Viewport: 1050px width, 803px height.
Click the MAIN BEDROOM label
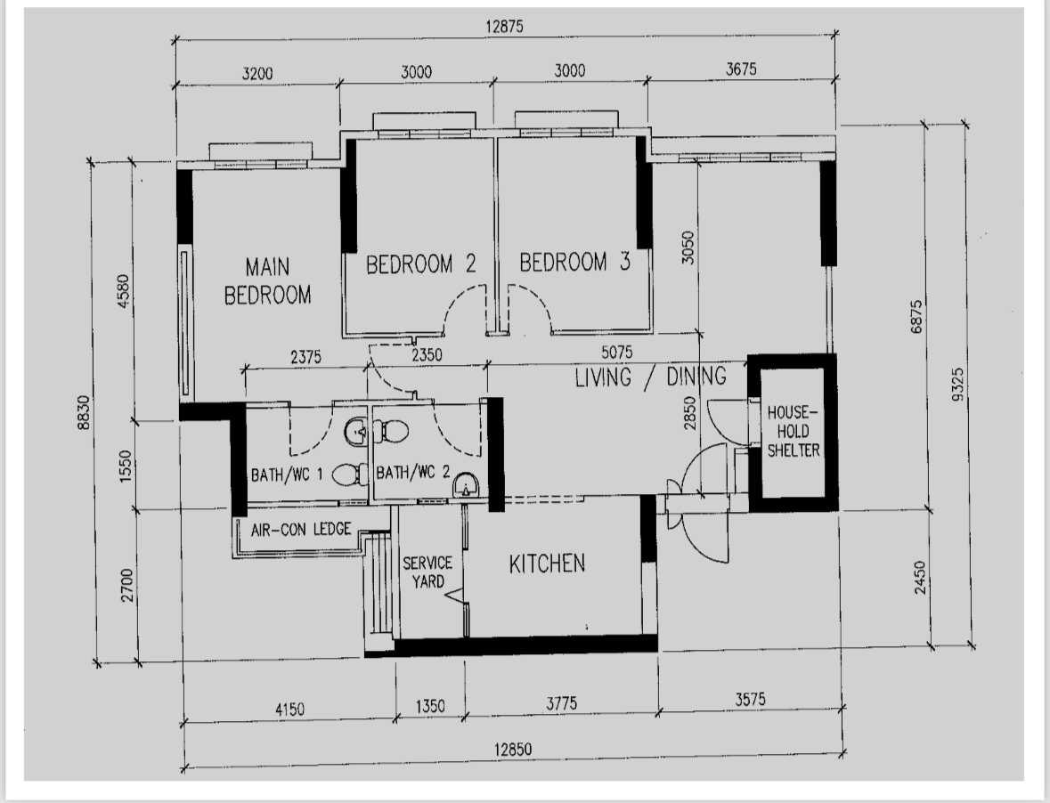267,280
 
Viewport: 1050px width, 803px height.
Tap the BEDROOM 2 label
420,264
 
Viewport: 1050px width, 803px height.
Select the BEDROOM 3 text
574,263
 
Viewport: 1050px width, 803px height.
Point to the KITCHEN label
547,564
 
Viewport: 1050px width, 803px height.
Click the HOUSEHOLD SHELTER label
793,432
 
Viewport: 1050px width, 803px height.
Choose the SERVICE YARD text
427,572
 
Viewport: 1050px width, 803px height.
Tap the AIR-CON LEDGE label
300,529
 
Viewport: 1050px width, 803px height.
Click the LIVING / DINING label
649,377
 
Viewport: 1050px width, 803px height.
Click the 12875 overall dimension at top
504,27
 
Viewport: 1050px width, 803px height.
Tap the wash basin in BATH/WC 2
466,485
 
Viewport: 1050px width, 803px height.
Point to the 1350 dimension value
430,707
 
